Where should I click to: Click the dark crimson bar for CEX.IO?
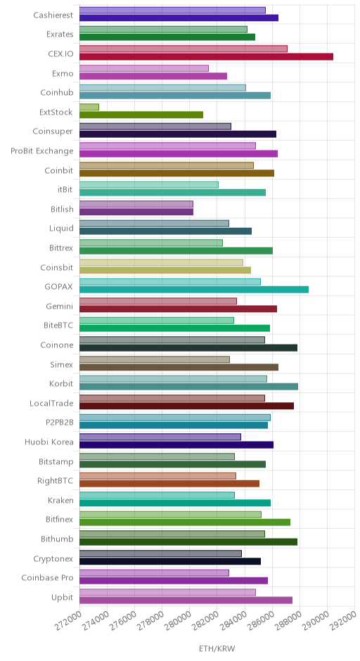click(206, 57)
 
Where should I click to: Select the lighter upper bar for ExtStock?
click(89, 107)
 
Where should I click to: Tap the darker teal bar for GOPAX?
click(194, 290)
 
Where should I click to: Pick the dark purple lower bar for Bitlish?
click(136, 212)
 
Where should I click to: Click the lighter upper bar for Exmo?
click(143, 68)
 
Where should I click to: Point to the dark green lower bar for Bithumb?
click(188, 541)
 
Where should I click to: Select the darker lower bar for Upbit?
click(186, 600)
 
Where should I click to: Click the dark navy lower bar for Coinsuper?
click(178, 134)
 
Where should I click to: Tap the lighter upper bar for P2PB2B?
click(175, 417)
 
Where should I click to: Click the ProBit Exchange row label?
click(42, 151)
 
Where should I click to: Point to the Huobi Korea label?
click(49, 442)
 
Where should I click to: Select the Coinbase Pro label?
click(48, 578)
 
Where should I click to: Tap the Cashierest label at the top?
click(53, 15)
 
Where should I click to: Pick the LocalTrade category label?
click(51, 404)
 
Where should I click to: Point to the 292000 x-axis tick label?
click(346, 620)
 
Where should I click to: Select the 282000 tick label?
click(208, 620)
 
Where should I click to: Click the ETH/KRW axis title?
click(217, 648)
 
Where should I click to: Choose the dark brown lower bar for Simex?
click(179, 367)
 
